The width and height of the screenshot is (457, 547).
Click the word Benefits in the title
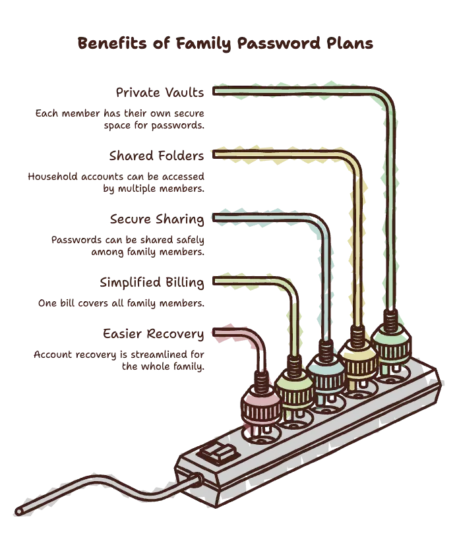tap(112, 43)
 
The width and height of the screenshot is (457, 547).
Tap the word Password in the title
tap(278, 43)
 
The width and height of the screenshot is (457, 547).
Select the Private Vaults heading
tap(160, 92)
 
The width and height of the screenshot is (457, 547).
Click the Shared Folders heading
tap(156, 156)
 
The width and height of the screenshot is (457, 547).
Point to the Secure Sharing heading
tap(157, 219)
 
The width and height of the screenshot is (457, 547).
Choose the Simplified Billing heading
tap(152, 283)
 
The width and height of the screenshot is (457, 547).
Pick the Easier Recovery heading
tap(153, 334)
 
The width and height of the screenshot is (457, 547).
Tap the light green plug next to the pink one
tap(294, 388)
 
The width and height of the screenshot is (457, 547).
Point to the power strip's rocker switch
tap(218, 453)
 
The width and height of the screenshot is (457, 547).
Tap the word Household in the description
tap(53, 177)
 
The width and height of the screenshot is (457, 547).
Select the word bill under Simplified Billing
tap(67, 302)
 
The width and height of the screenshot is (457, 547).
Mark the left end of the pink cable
tap(214, 333)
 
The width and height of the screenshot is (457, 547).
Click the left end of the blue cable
tap(214, 218)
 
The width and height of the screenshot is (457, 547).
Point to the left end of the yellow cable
tap(214, 154)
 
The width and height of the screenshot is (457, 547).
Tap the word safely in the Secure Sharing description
tap(190, 240)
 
